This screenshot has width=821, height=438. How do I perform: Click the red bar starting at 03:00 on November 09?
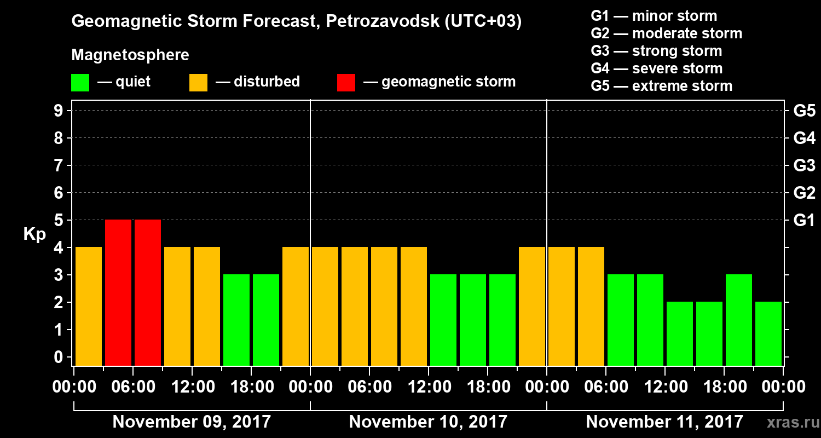118,292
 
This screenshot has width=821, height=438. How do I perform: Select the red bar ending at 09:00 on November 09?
148,292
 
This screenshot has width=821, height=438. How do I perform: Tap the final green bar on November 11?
768,333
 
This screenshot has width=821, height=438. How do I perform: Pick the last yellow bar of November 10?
532,306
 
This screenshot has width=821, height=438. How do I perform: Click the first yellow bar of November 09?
89,306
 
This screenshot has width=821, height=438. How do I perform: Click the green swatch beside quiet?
80,83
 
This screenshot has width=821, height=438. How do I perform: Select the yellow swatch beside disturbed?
198,83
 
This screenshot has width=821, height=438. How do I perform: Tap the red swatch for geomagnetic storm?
346,83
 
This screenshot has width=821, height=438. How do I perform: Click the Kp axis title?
34,234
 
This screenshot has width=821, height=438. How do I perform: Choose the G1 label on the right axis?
804,221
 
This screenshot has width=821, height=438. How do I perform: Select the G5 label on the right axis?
804,111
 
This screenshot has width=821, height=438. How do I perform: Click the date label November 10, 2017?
428,422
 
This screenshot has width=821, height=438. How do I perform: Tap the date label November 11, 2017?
664,422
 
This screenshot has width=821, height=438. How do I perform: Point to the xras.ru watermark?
788,423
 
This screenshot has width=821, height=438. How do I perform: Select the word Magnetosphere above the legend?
130,55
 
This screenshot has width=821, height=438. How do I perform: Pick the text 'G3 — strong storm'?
656,51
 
